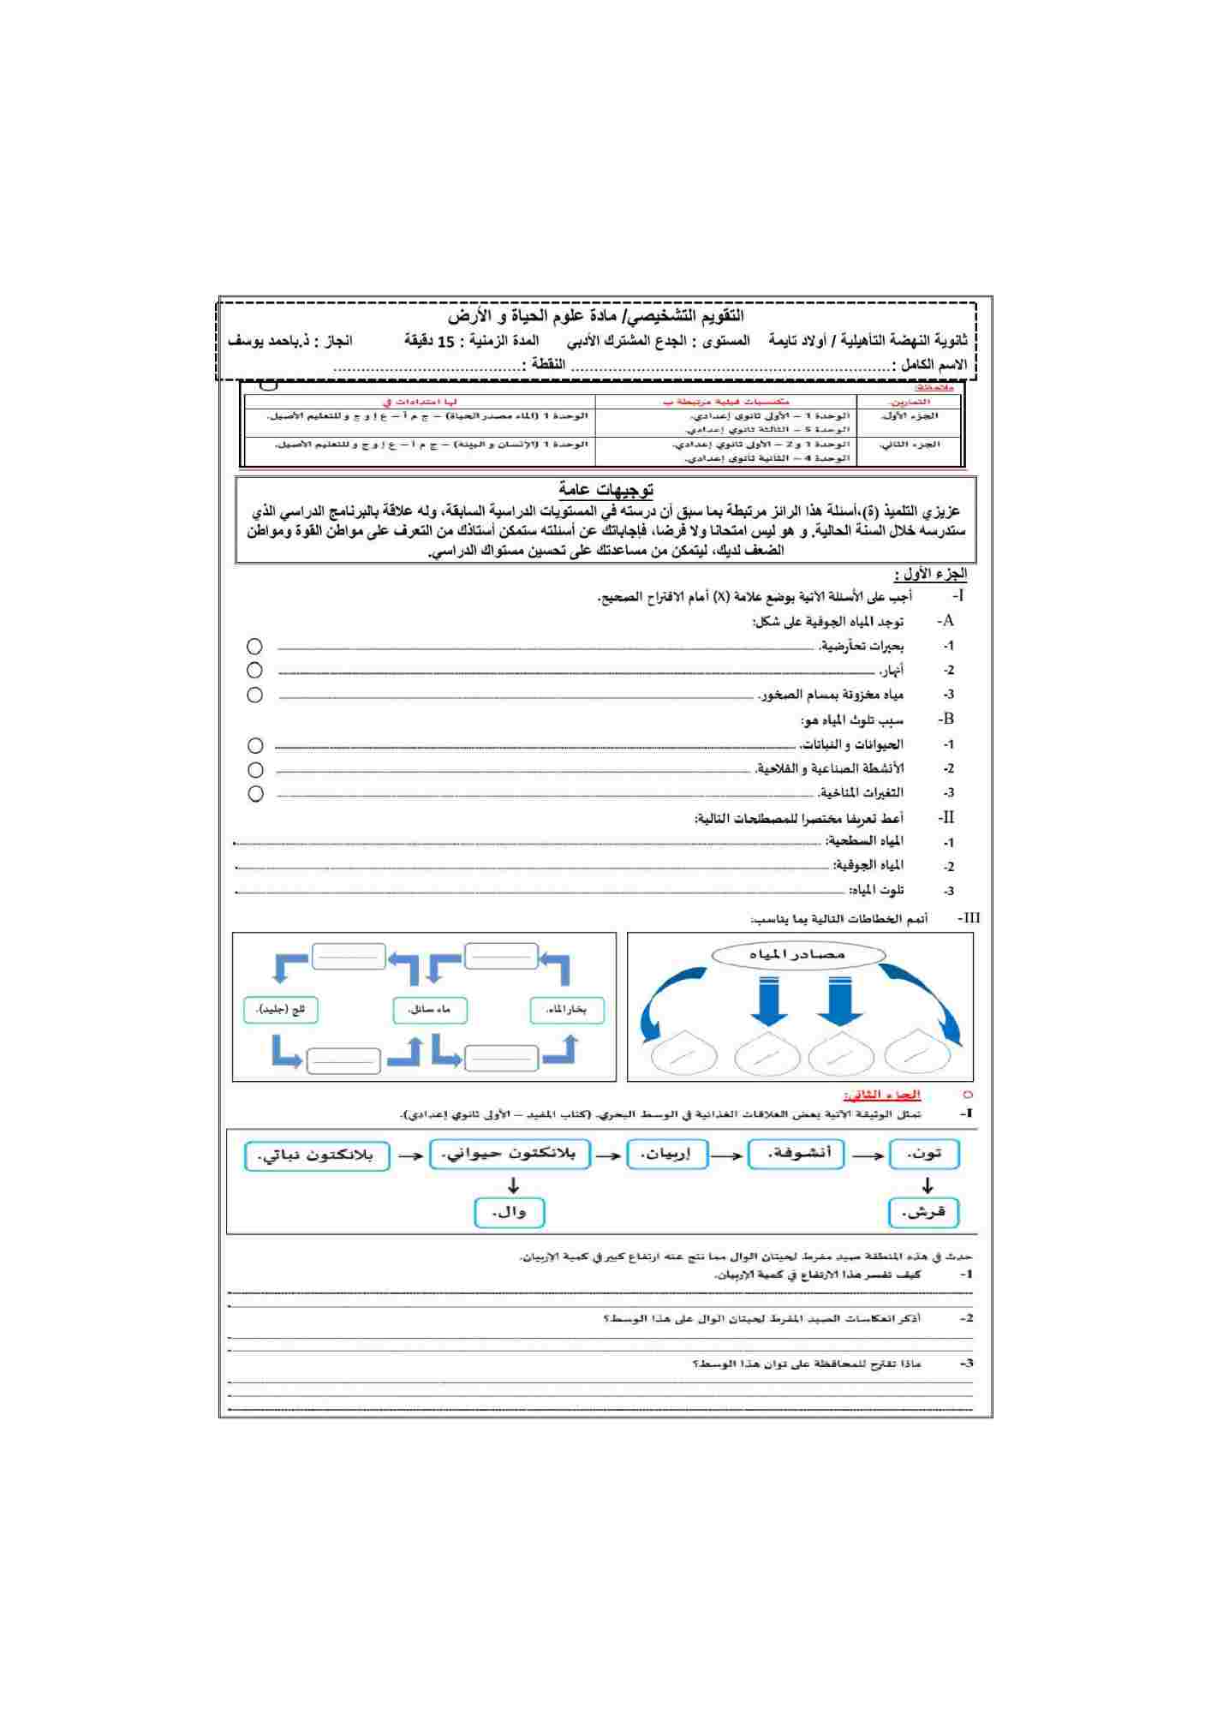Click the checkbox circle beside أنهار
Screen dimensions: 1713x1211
(x=254, y=670)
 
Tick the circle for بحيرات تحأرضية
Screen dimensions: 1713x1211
(x=254, y=646)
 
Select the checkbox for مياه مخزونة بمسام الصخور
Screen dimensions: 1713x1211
(x=254, y=695)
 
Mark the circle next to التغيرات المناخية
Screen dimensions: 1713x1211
(x=255, y=793)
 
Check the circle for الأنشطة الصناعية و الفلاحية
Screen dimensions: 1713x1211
(x=255, y=769)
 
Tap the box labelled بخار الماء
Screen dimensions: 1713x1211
(x=567, y=1010)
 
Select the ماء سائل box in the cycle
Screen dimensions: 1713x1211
(x=430, y=1010)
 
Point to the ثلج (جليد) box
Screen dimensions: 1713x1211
(x=281, y=1010)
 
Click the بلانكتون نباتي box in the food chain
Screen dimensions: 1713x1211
(x=317, y=1155)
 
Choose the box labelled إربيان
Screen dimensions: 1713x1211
(x=668, y=1155)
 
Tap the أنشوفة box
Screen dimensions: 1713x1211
(x=796, y=1154)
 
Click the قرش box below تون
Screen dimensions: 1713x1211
(x=924, y=1212)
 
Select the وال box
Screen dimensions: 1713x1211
(x=510, y=1212)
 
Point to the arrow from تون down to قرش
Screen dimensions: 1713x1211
(x=928, y=1185)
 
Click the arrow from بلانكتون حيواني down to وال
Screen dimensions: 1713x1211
(x=513, y=1185)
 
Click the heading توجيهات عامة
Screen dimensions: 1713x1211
(x=606, y=489)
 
